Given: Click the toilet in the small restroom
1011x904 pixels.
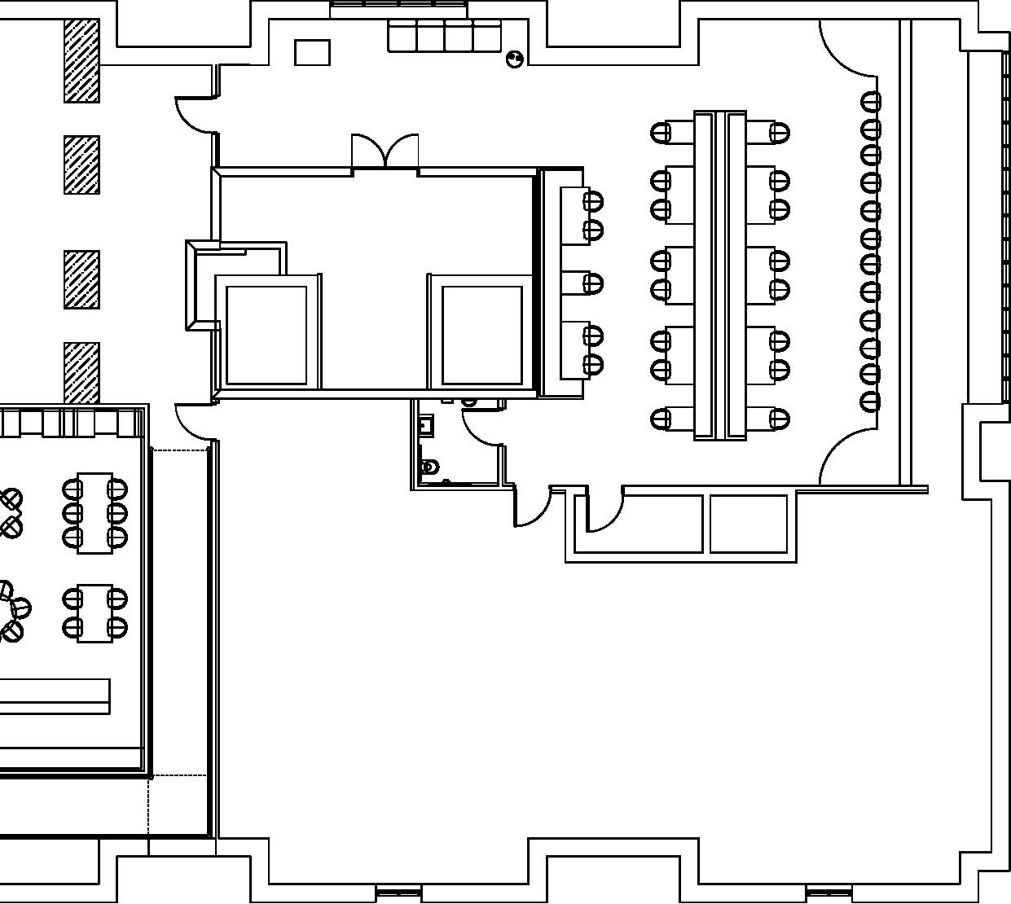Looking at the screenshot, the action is tap(430, 467).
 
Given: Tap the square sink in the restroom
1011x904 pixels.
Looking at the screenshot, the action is tap(425, 424).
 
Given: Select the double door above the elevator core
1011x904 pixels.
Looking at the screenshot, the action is tap(385, 152).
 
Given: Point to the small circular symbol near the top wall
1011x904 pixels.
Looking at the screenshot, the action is tap(514, 59).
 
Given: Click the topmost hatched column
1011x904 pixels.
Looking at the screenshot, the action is tap(81, 61).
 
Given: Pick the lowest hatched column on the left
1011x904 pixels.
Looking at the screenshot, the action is tap(81, 372).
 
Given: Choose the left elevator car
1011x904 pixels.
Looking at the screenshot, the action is tap(266, 335).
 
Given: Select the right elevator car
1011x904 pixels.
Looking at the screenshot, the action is tap(481, 335).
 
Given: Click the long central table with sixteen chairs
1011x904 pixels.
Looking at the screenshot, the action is tap(720, 275).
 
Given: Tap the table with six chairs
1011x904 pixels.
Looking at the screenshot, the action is tap(95, 512).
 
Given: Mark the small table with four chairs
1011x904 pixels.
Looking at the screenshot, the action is tap(95, 612).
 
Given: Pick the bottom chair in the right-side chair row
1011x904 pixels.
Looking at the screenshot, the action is tap(870, 401).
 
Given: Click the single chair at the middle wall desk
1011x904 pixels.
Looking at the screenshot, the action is tap(593, 283).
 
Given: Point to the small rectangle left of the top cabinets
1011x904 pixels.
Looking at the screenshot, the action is tap(312, 52).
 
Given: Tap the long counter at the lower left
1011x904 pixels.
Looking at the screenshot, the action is tap(54, 696).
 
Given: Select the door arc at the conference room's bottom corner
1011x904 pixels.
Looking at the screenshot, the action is tap(847, 461).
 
